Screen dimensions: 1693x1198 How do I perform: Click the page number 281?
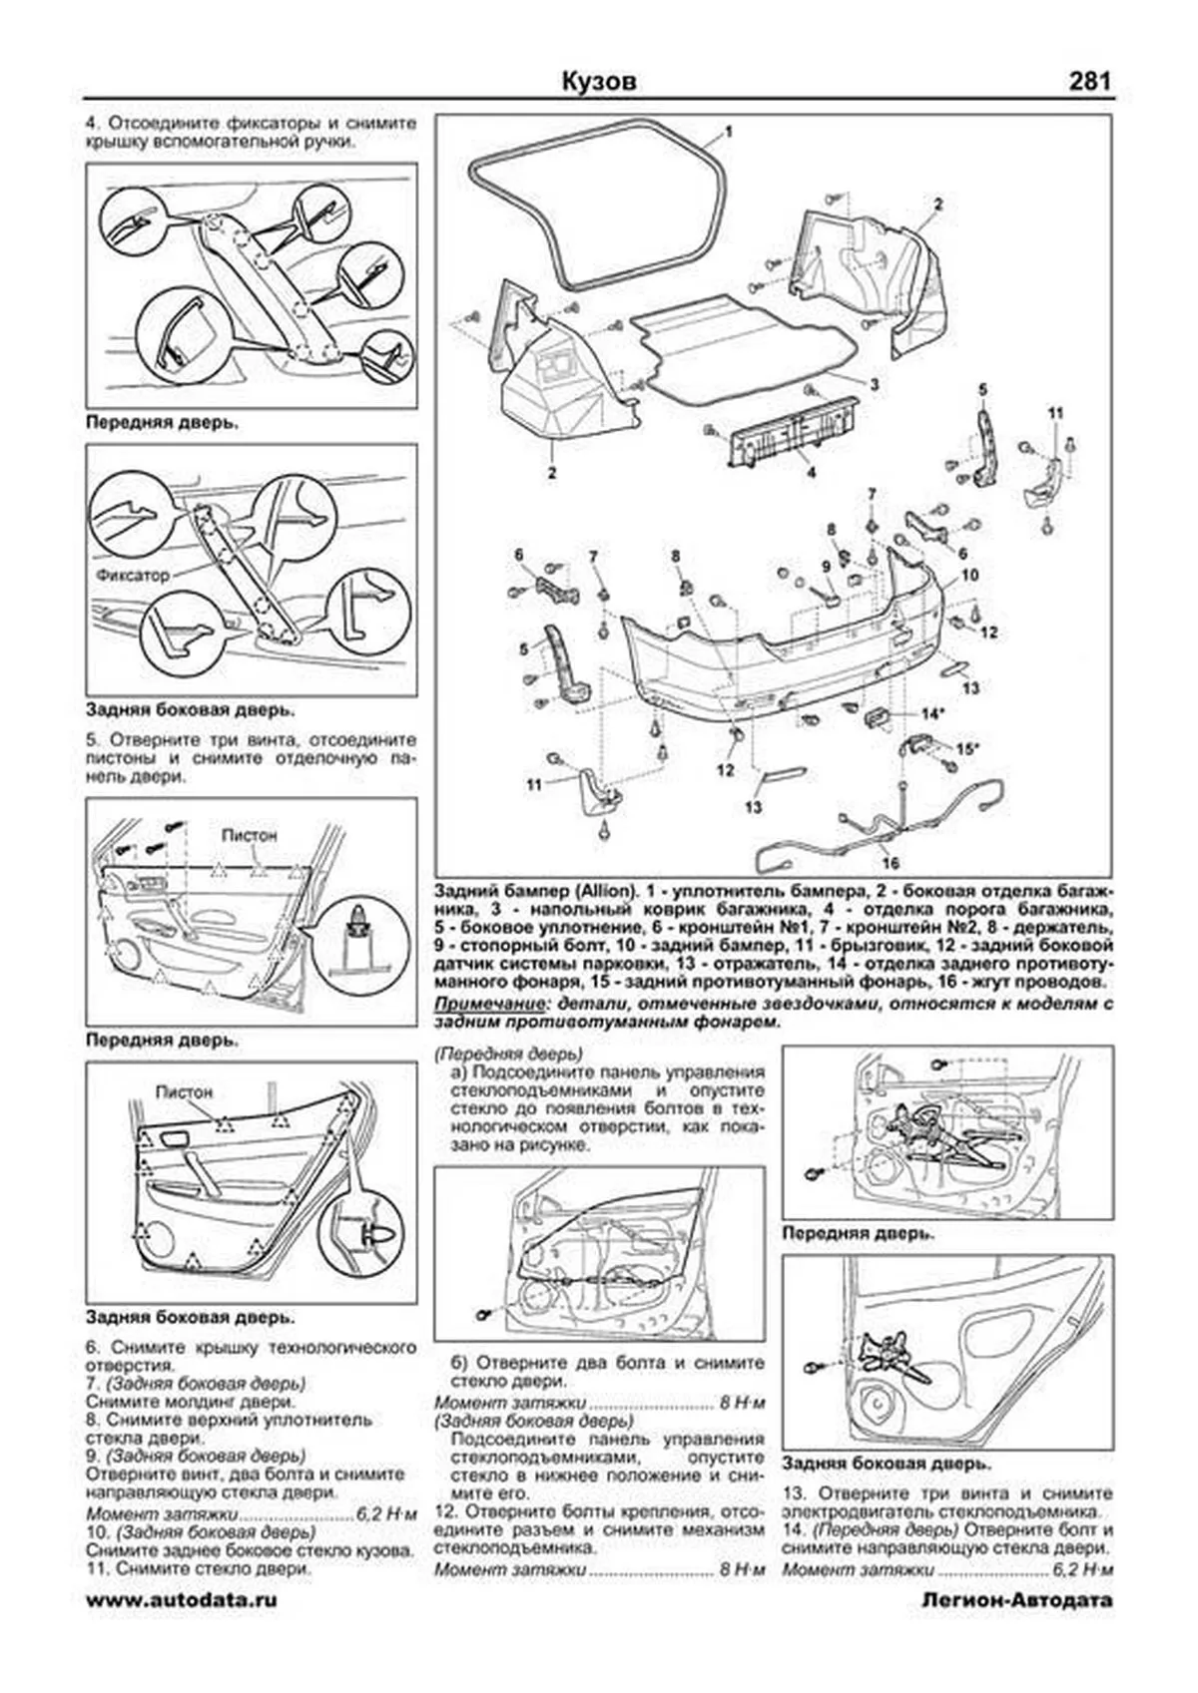click(x=1089, y=82)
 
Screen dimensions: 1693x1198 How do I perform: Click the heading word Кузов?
click(x=598, y=82)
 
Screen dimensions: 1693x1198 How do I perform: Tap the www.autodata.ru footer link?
click(x=182, y=1599)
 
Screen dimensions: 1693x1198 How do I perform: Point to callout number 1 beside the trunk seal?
click(x=729, y=132)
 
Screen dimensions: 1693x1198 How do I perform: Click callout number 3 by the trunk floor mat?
click(x=874, y=384)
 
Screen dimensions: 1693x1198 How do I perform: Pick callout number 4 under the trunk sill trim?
click(x=811, y=473)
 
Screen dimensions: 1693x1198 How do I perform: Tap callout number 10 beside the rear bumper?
click(x=969, y=576)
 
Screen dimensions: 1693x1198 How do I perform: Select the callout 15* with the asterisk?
click(x=967, y=747)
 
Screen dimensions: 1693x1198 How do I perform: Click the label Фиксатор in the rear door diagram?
click(x=134, y=576)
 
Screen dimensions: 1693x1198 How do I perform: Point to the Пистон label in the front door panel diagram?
click(x=249, y=835)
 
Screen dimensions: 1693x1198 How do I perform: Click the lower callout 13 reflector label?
click(x=752, y=807)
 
